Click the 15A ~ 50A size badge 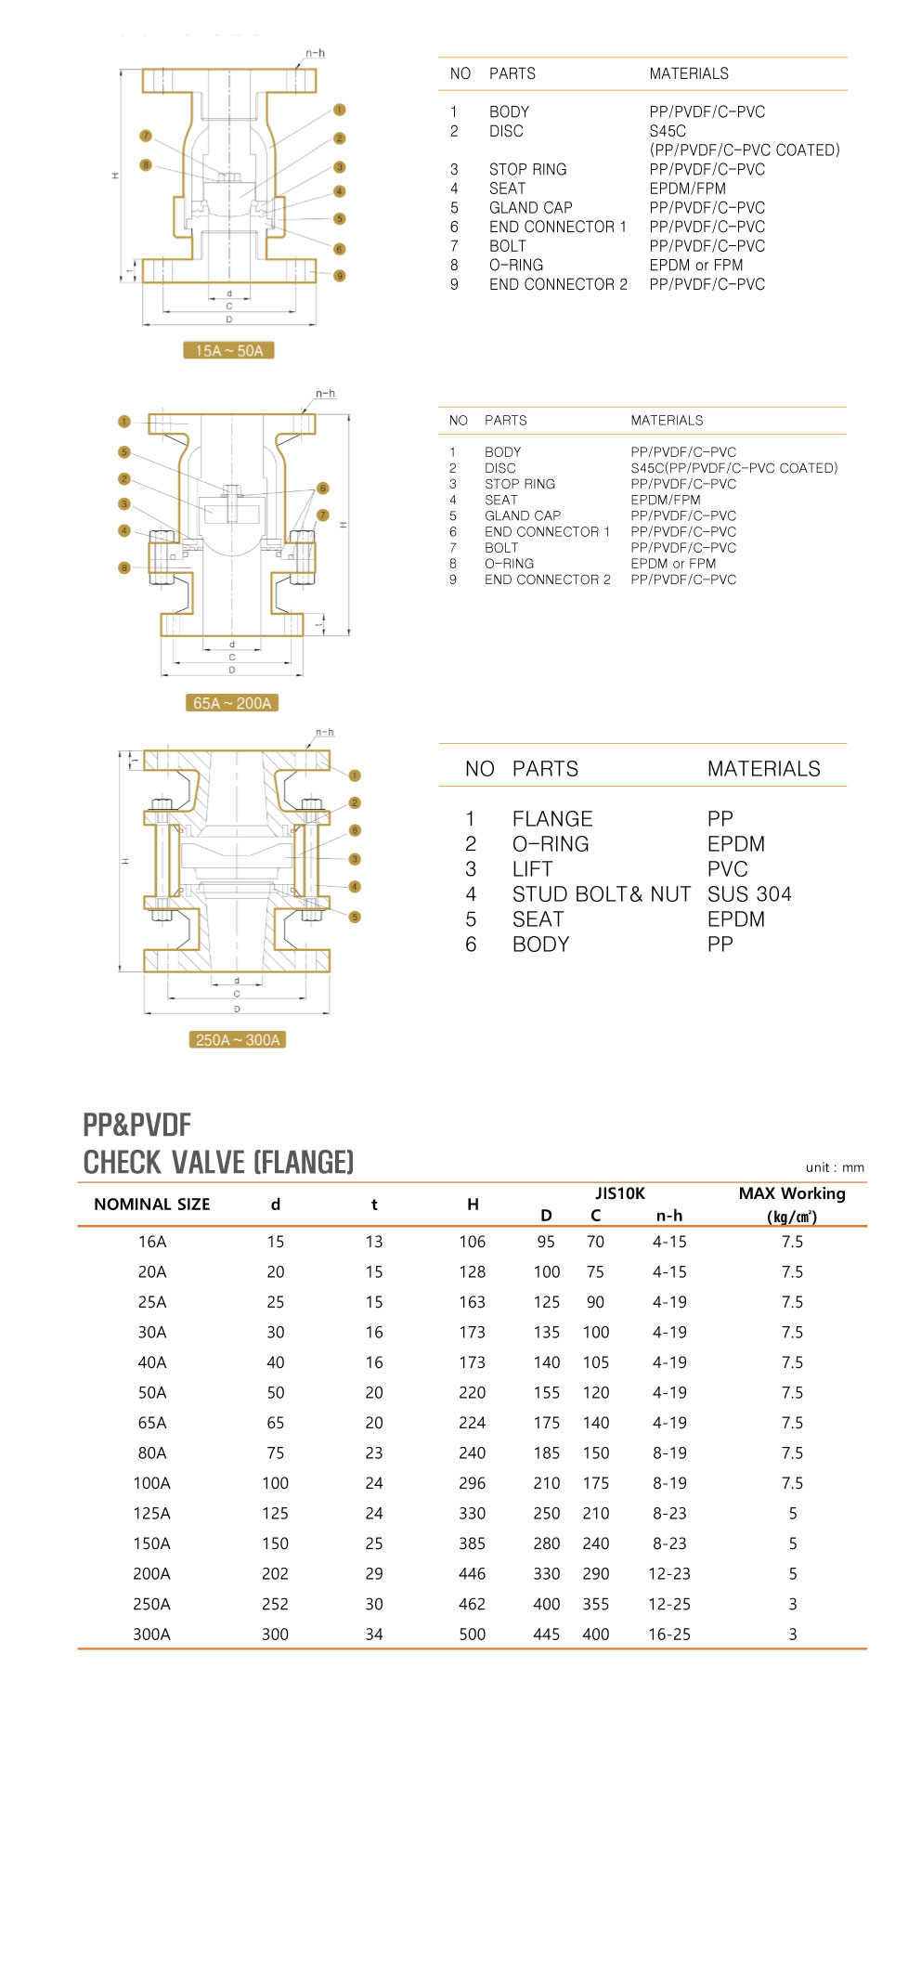pyautogui.click(x=228, y=350)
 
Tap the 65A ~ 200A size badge pyautogui.click(x=232, y=703)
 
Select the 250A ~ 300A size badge pyautogui.click(x=238, y=1039)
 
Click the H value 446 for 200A pyautogui.click(x=472, y=1573)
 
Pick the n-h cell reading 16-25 pyautogui.click(x=668, y=1634)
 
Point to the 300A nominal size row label pyautogui.click(x=151, y=1634)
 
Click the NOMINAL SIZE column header pyautogui.click(x=151, y=1204)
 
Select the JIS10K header pyautogui.click(x=619, y=1193)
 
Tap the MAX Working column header pyautogui.click(x=792, y=1193)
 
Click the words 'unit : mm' pyautogui.click(x=835, y=1167)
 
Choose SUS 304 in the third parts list pyautogui.click(x=749, y=893)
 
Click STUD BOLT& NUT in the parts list pyautogui.click(x=601, y=893)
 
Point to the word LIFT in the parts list pyautogui.click(x=532, y=868)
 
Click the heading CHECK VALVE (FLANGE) pyautogui.click(x=218, y=1162)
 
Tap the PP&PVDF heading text pyautogui.click(x=136, y=1125)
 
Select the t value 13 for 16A pyautogui.click(x=374, y=1242)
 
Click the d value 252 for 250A pyautogui.click(x=275, y=1604)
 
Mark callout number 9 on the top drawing pyautogui.click(x=340, y=276)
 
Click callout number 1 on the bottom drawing pyautogui.click(x=355, y=775)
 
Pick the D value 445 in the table pyautogui.click(x=546, y=1634)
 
